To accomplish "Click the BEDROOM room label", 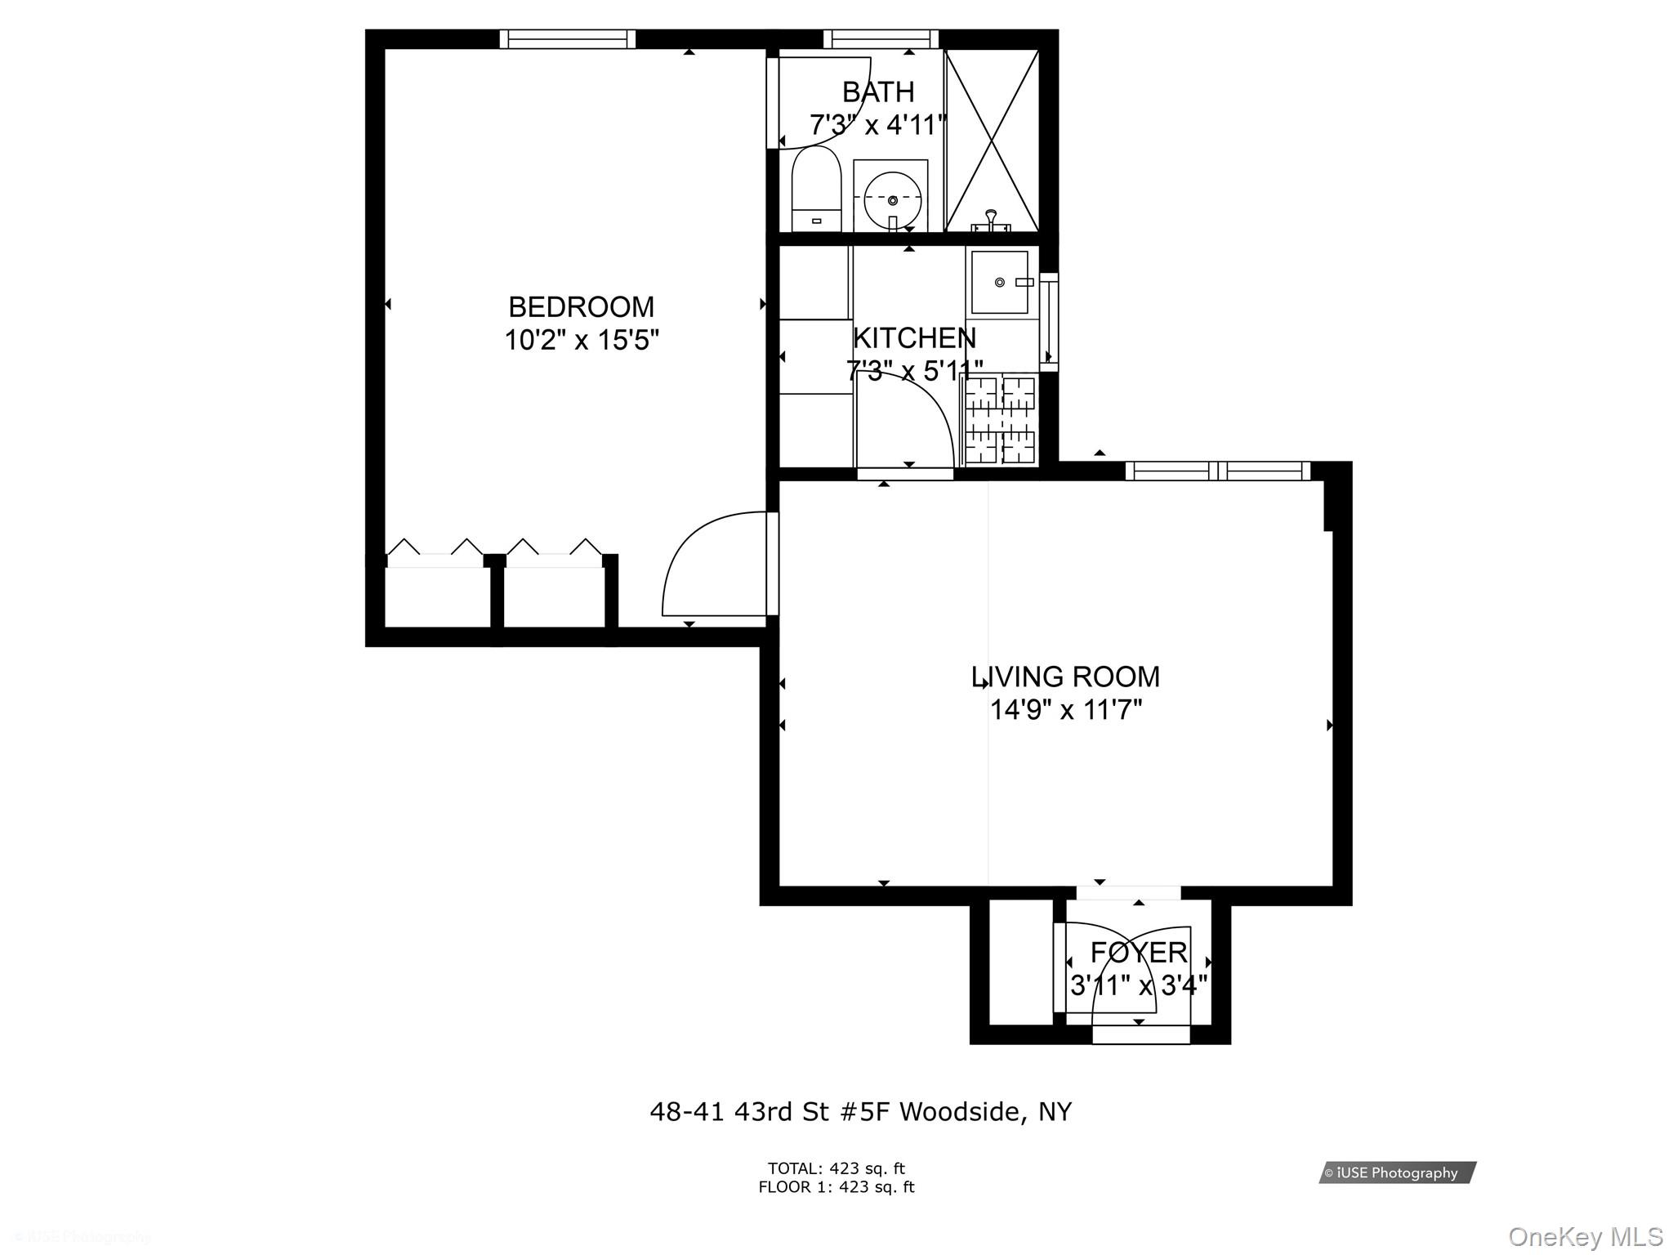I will [581, 307].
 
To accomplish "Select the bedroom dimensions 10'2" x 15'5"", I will [581, 340].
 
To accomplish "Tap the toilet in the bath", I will [816, 191].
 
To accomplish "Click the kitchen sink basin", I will [999, 283].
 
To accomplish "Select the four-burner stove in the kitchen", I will [1001, 419].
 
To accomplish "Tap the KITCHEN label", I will [914, 337].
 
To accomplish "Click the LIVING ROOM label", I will [1065, 677].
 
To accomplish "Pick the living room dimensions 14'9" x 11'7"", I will [1065, 710].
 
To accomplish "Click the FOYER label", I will [1139, 952].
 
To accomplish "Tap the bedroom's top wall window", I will [568, 38].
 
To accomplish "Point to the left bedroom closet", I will [437, 596].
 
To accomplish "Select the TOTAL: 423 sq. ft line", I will [836, 1168].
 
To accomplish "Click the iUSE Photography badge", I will [1397, 1172].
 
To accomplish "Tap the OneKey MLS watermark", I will [1585, 1237].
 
